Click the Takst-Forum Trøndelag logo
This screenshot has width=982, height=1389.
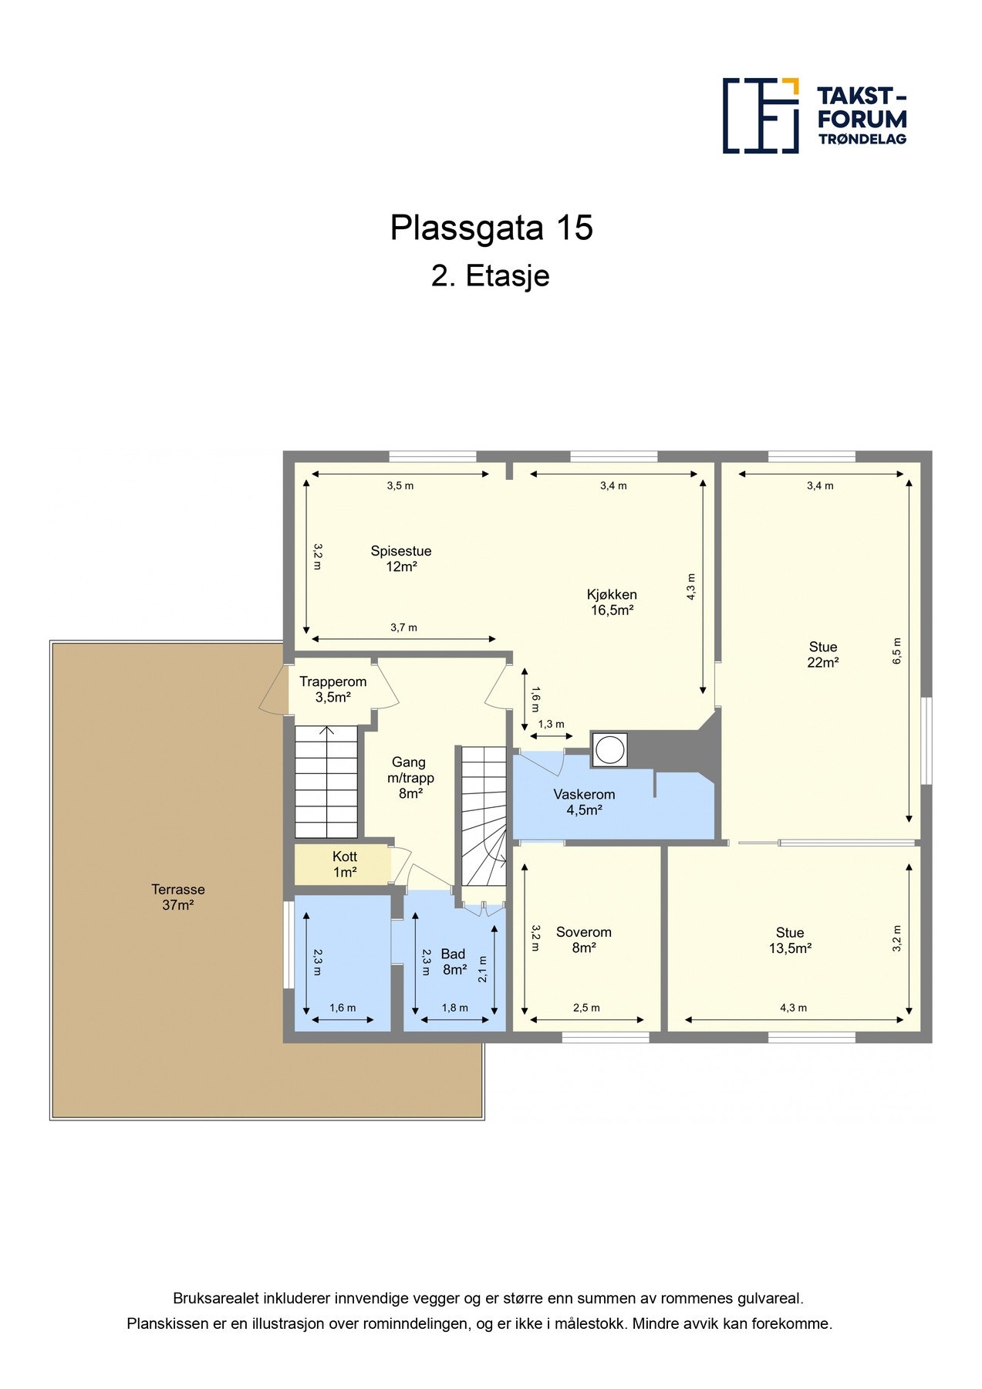tap(814, 115)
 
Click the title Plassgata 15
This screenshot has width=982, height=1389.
tap(491, 228)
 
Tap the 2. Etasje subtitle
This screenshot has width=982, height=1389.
tap(490, 275)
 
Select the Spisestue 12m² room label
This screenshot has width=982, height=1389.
tap(400, 558)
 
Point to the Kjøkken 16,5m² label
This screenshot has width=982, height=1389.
tap(612, 602)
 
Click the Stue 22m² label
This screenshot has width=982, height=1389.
tap(822, 654)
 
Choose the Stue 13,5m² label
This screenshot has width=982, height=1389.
tap(789, 940)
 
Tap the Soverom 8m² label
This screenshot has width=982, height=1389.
tap(583, 939)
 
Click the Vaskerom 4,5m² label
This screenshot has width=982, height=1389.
tap(584, 802)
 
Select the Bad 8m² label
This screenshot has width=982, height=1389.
tap(454, 961)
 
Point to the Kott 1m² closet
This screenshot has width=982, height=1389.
tap(344, 864)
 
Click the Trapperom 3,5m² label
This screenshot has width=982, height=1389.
tap(332, 689)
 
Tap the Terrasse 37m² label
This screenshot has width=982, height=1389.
tap(177, 897)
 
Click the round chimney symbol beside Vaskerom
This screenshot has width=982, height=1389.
tap(610, 749)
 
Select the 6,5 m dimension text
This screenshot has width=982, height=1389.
tap(896, 651)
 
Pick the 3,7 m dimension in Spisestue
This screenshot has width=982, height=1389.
tap(403, 627)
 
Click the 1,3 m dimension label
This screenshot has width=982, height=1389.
tap(551, 724)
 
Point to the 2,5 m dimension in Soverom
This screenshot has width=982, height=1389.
tap(586, 1008)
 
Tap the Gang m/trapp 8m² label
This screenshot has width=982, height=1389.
tap(409, 777)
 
